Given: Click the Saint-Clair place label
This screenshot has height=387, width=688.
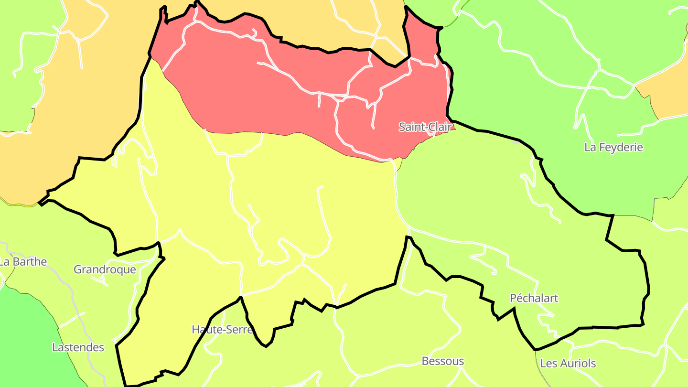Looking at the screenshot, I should tap(425, 127).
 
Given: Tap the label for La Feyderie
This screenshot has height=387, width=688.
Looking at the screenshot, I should tap(613, 147).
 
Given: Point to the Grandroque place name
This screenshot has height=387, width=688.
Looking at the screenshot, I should tap(105, 269).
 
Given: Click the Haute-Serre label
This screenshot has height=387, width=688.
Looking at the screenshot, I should tap(222, 329).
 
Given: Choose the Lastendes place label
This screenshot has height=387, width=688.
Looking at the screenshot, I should tap(78, 347).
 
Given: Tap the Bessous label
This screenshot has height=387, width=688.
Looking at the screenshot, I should tap(442, 361).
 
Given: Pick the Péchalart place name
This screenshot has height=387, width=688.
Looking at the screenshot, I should tap(534, 298).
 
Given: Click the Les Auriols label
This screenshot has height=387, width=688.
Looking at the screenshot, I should tap(568, 364).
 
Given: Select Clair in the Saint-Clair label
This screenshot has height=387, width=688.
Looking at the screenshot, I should tap(439, 127).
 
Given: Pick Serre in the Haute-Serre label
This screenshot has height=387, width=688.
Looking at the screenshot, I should tap(239, 329).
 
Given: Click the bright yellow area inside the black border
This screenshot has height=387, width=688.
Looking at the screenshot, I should tap(287, 201).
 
